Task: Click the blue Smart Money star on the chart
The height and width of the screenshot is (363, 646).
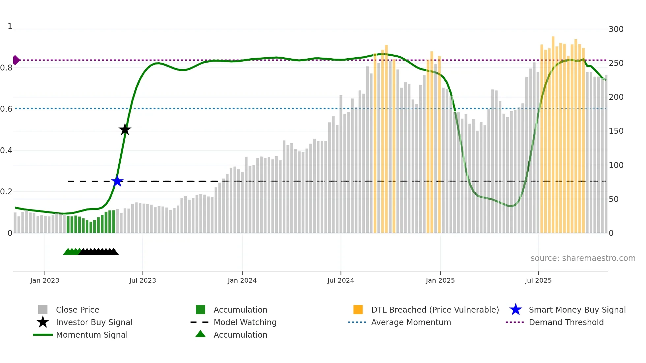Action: (117, 181)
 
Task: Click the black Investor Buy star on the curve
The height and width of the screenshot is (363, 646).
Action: (125, 129)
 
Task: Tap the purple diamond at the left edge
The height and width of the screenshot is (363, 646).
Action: (16, 60)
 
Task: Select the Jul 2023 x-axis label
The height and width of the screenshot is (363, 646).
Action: (142, 280)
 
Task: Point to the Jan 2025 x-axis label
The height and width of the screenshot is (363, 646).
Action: (440, 280)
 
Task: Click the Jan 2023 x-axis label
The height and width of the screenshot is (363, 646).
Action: (44, 280)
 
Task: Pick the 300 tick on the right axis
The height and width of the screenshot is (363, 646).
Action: (616, 29)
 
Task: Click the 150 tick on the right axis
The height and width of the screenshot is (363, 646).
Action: (616, 131)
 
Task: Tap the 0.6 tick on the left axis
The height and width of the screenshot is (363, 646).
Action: (6, 109)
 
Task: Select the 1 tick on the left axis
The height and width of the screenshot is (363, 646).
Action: (10, 26)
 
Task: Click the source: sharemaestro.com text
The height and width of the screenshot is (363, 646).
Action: (583, 258)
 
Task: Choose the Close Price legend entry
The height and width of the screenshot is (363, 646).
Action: (77, 310)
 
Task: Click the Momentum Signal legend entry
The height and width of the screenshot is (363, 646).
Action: (92, 335)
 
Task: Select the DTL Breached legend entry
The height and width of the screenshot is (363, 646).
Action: (435, 310)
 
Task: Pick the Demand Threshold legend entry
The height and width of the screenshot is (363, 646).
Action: (566, 322)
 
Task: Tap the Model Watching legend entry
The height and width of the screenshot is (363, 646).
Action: (245, 322)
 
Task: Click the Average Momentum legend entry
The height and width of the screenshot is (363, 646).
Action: (411, 322)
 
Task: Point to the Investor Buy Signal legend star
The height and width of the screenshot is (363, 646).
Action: (43, 322)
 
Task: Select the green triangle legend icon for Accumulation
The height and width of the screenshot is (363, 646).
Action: (200, 334)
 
